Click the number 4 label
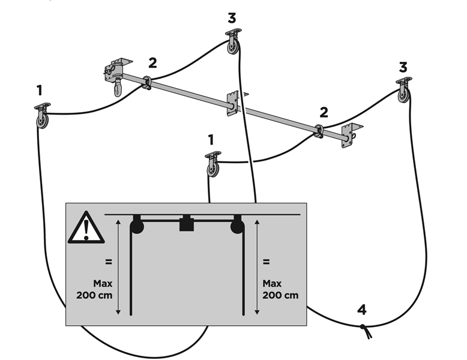point(361,310)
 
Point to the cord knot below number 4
point(364,328)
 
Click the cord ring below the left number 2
point(146,82)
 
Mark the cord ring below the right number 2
point(317,130)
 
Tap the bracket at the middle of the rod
point(233,103)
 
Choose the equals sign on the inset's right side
point(266,262)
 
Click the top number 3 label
point(232,18)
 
